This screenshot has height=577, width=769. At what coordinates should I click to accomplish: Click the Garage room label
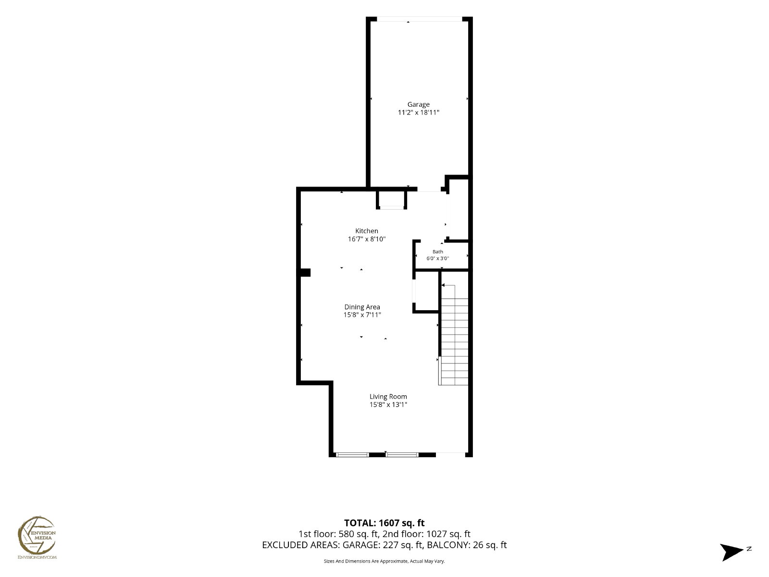pos(418,104)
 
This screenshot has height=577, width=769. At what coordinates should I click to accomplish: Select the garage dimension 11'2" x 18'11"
pos(418,113)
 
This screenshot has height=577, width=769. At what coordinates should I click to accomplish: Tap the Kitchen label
pos(366,231)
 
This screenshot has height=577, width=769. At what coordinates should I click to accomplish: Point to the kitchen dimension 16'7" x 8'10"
pos(366,239)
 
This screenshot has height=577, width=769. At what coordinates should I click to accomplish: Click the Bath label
pos(437,251)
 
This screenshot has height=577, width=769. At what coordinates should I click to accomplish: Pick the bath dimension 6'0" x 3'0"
pos(437,259)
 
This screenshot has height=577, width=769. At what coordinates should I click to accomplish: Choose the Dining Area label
pos(362,307)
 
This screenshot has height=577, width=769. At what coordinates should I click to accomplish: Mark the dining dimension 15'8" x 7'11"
pos(362,314)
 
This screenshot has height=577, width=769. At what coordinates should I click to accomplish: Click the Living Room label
pos(388,397)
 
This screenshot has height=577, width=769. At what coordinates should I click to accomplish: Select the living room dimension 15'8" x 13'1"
pos(388,405)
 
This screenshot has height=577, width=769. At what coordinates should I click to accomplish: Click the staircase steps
pos(454,341)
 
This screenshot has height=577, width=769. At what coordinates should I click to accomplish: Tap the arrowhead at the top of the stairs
pos(443,285)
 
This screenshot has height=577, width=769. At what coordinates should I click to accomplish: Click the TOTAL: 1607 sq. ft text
pos(384,523)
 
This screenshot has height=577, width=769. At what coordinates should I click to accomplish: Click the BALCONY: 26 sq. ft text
pos(467,545)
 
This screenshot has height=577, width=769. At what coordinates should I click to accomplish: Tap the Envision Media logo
pos(37,538)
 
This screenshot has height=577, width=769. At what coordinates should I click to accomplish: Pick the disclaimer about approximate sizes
pos(384,561)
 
